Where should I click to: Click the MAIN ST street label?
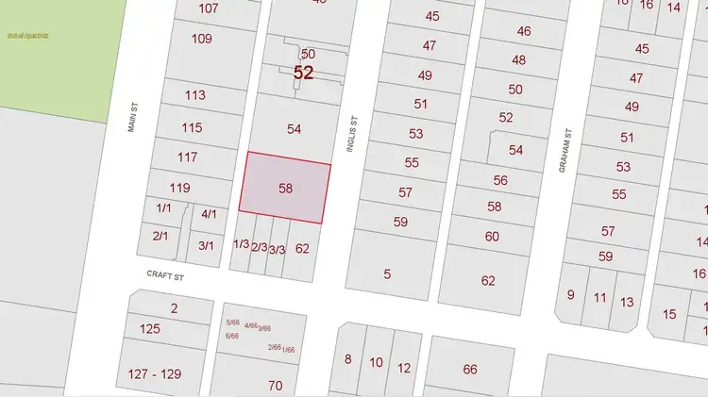(x=133, y=118)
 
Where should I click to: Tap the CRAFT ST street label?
(x=164, y=276)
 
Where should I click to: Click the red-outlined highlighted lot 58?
(x=285, y=189)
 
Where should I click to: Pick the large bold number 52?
(x=303, y=73)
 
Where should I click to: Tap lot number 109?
(x=201, y=39)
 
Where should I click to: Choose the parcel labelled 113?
(x=195, y=95)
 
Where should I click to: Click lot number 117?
(x=187, y=157)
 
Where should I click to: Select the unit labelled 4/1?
(x=210, y=214)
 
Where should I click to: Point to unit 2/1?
(x=160, y=236)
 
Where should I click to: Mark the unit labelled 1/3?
(x=241, y=244)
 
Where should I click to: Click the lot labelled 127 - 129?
(x=154, y=374)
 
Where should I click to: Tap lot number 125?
(x=149, y=329)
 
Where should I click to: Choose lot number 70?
(x=275, y=385)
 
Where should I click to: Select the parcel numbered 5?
(x=387, y=274)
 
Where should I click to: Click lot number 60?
(x=492, y=237)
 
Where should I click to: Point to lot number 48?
(x=518, y=59)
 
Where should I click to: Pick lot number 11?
(x=599, y=297)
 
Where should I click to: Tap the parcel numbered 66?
(x=470, y=369)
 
